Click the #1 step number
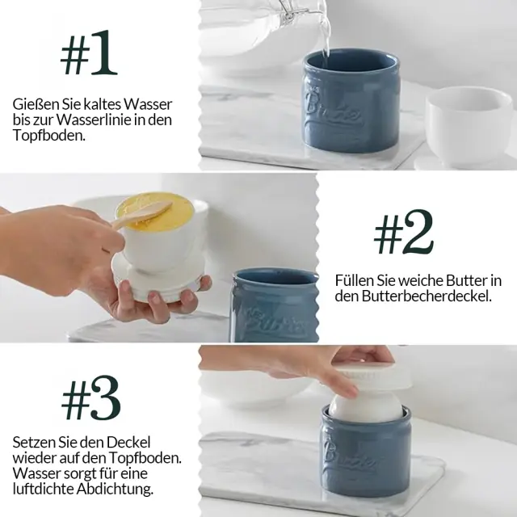click(89, 53)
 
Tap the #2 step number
click(404, 232)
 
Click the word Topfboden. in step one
click(49, 135)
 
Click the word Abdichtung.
click(115, 489)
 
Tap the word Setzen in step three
click(33, 442)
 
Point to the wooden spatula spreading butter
click(142, 215)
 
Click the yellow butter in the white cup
click(154, 212)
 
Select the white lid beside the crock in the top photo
click(468, 126)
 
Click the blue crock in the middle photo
click(275, 305)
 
